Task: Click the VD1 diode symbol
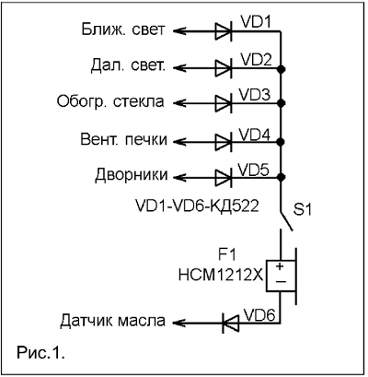[x=224, y=31]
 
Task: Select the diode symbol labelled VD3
[x=224, y=102]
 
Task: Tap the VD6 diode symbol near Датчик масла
[x=231, y=323]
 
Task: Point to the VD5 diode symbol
[x=224, y=177]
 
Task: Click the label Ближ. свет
[x=123, y=30]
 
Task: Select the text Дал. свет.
[x=128, y=66]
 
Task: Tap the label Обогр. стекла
[x=110, y=102]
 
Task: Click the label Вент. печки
[x=124, y=140]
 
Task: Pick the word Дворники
[x=132, y=175]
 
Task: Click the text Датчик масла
[x=112, y=321]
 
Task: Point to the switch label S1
[x=303, y=210]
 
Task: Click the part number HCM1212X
[x=221, y=276]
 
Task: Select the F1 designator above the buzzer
[x=227, y=255]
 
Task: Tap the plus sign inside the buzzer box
[x=280, y=266]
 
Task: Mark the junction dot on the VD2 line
[x=281, y=69]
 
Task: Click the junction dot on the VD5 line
[x=281, y=177]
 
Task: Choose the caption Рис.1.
[x=40, y=352]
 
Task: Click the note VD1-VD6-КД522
[x=197, y=206]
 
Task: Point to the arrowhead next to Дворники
[x=179, y=177]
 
